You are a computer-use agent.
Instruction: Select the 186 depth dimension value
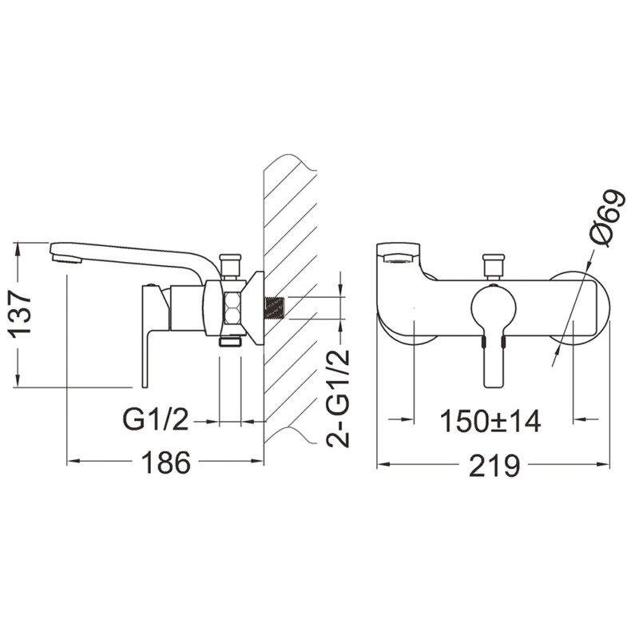point(166,462)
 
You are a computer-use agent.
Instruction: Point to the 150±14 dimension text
point(491,422)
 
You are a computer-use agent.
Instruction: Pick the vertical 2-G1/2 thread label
point(339,398)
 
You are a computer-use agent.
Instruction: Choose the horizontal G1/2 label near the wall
point(156,420)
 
